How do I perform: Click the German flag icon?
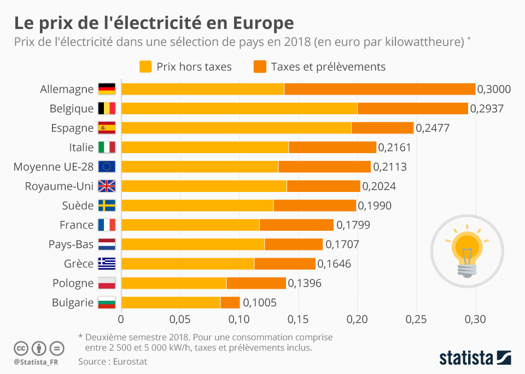click(107, 89)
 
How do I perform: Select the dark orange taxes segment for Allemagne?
click(380, 89)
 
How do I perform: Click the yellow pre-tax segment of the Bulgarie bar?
click(171, 302)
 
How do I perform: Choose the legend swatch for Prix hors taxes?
click(145, 67)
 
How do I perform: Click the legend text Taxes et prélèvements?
click(328, 67)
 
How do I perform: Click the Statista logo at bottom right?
click(475, 358)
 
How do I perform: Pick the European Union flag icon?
click(107, 167)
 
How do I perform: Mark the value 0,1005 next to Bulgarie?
click(260, 302)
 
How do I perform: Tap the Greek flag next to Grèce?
click(107, 264)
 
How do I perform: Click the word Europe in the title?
click(263, 23)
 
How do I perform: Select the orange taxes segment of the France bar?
click(296, 225)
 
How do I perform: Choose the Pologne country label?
click(73, 283)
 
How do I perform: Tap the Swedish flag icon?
click(107, 206)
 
